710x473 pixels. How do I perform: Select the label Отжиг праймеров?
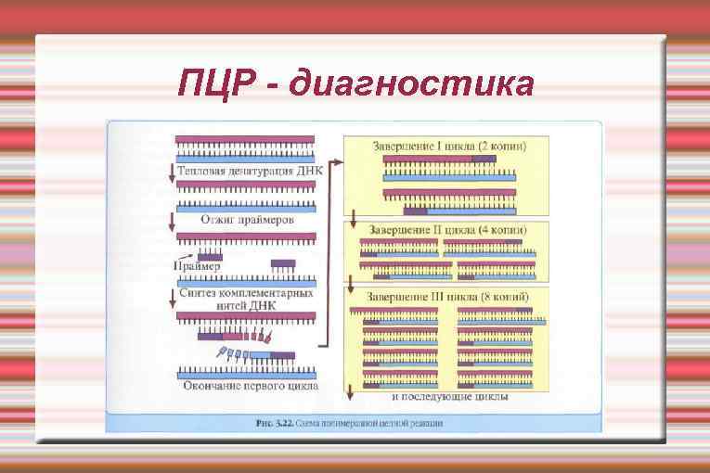(x=247, y=221)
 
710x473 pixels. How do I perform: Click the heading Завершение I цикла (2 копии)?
(x=449, y=147)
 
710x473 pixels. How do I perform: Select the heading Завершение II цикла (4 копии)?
(x=449, y=229)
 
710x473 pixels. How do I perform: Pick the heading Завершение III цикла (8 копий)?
(x=449, y=296)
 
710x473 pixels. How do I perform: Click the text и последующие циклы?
(x=449, y=397)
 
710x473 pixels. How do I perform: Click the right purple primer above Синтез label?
(x=283, y=263)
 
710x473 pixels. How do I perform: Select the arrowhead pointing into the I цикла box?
(x=340, y=163)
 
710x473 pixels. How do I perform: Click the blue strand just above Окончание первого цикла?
(x=246, y=374)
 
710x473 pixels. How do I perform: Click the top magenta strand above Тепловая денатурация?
(x=246, y=140)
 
